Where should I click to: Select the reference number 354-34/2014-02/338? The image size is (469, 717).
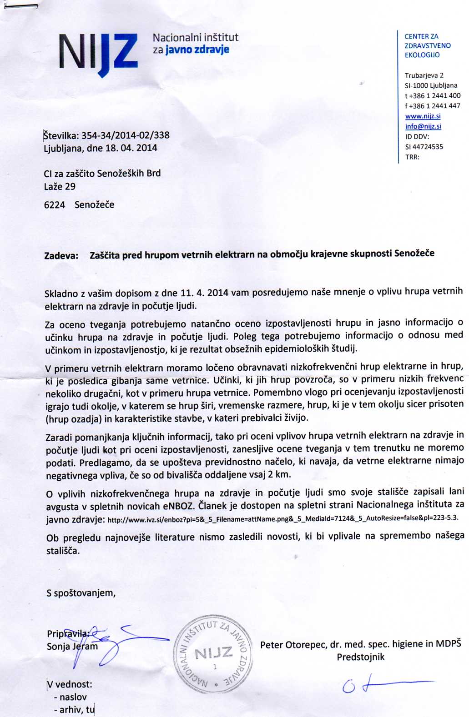125,135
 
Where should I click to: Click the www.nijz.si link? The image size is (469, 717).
423,116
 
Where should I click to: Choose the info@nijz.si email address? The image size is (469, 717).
423,126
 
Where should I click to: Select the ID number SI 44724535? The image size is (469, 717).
424,147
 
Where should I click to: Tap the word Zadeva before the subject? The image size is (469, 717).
61,256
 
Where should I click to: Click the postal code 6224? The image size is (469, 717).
55,205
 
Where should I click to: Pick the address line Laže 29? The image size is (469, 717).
60,186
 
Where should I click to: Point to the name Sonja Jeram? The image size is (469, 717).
72,647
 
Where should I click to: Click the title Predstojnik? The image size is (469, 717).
360,657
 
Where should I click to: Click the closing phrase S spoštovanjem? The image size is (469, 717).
81,593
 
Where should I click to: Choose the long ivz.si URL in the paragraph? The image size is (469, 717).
282,518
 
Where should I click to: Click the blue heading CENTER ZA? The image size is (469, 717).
421,36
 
